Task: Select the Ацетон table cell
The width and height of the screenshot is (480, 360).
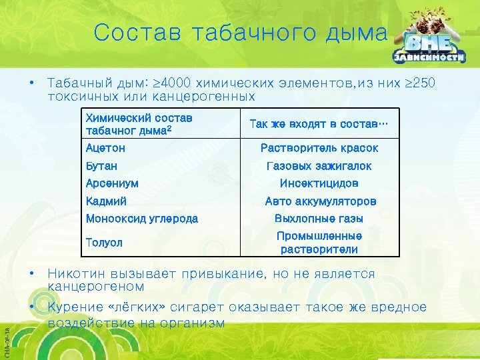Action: pyautogui.click(x=105, y=148)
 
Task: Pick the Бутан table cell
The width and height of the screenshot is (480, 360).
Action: pyautogui.click(x=101, y=165)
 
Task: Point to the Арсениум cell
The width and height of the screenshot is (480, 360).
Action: pyautogui.click(x=112, y=183)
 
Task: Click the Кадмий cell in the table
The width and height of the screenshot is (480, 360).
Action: pyautogui.click(x=106, y=201)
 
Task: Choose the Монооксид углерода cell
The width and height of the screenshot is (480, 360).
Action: pyautogui.click(x=141, y=218)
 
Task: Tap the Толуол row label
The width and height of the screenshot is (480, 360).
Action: pyautogui.click(x=104, y=243)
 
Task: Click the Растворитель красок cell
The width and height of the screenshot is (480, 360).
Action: pyautogui.click(x=319, y=148)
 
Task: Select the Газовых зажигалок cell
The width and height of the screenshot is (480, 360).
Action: pyautogui.click(x=319, y=165)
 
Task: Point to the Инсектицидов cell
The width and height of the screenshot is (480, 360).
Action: pyautogui.click(x=319, y=183)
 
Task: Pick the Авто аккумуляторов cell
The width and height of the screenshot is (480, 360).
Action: pyautogui.click(x=320, y=201)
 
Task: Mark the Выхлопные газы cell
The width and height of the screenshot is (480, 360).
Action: pyautogui.click(x=319, y=218)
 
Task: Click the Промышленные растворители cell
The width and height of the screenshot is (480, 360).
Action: pyautogui.click(x=319, y=243)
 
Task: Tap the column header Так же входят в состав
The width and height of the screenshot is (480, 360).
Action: pyautogui.click(x=319, y=123)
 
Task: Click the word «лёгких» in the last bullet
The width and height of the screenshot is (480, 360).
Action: pyautogui.click(x=141, y=307)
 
